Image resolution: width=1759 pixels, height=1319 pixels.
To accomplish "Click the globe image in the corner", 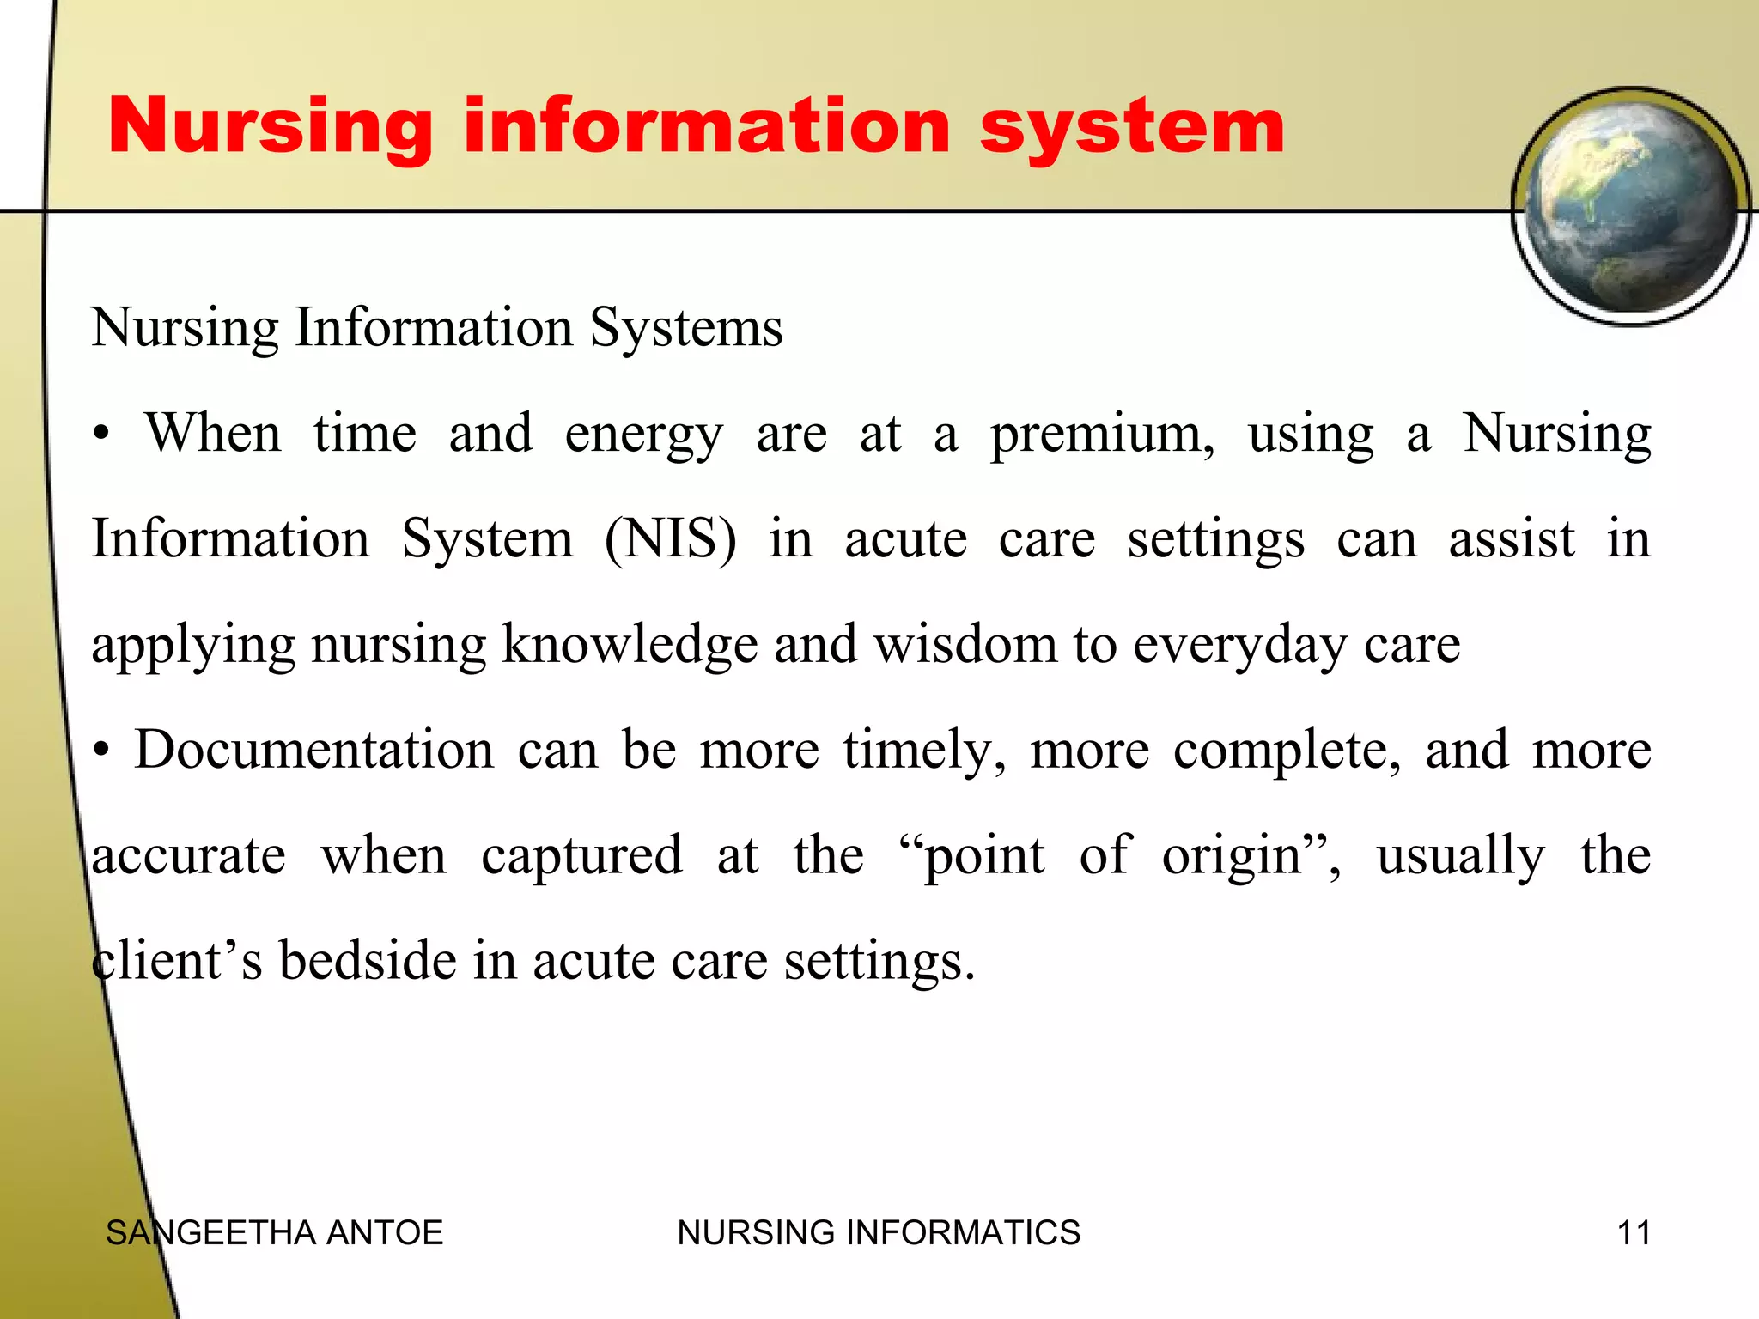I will coord(1630,207).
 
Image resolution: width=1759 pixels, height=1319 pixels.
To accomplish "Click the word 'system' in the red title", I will coord(1131,127).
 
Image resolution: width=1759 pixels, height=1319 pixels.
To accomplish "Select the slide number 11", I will coord(1634,1232).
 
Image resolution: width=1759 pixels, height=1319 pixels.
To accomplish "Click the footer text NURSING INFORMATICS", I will coord(879,1232).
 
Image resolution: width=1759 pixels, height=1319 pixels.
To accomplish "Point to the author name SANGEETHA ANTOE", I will coord(274,1232).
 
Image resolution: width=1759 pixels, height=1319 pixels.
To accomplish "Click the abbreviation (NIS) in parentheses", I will coord(670,539).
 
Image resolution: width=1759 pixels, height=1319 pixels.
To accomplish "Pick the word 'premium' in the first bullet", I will coord(1101,435).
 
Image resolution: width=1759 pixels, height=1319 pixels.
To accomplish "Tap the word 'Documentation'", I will coord(314,750).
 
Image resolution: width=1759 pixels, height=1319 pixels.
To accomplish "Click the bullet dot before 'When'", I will coord(102,435).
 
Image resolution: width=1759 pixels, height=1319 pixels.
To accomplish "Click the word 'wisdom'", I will coord(965,644).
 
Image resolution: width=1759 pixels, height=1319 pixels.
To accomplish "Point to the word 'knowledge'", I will coord(630,646).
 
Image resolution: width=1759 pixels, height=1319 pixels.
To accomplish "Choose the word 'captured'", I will coord(581,857).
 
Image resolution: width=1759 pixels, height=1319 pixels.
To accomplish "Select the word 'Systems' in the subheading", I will coord(686,328).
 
